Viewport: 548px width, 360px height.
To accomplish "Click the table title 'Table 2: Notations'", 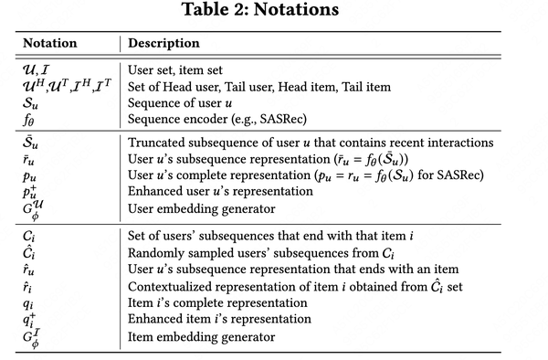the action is click(273, 12).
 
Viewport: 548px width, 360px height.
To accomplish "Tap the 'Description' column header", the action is click(163, 43).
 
